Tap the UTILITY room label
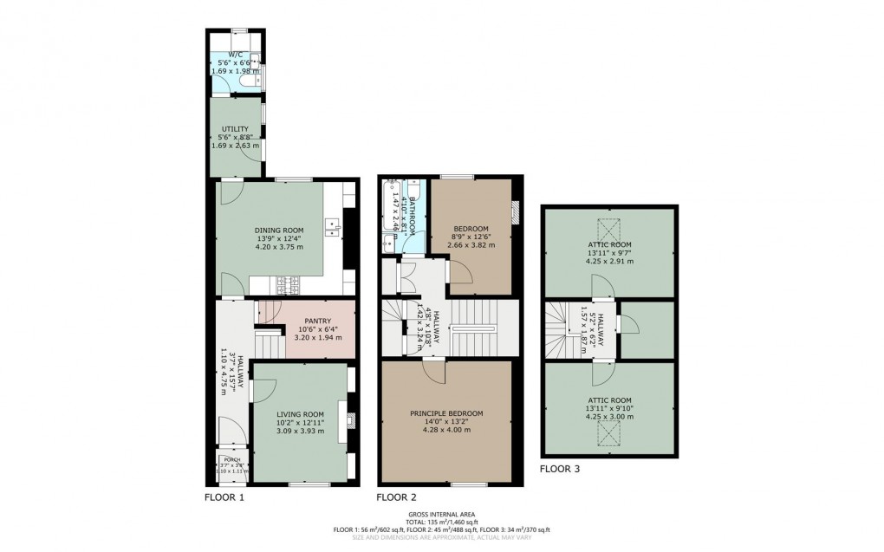coord(223,129)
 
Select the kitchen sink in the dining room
coord(332,227)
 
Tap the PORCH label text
coord(231,459)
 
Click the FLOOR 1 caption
coord(224,498)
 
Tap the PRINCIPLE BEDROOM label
coord(446,413)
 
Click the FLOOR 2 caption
coord(396,498)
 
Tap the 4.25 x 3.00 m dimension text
coord(610,417)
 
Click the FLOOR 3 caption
coord(560,469)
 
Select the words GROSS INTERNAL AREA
coord(441,514)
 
